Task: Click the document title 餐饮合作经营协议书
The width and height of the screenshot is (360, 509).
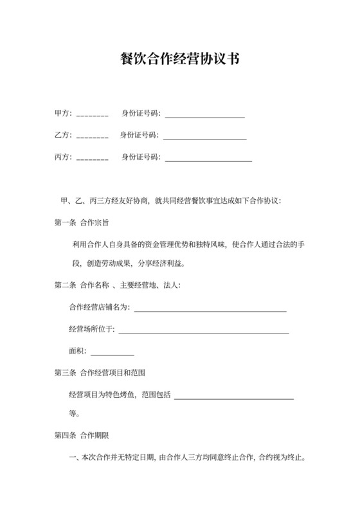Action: click(x=180, y=59)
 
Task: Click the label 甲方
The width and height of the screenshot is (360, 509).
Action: click(x=63, y=114)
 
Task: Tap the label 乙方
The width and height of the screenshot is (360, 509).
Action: click(x=63, y=136)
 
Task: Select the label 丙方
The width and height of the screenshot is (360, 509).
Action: click(x=63, y=157)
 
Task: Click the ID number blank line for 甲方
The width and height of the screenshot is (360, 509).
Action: click(x=205, y=116)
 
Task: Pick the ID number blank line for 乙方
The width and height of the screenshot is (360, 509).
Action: click(x=206, y=138)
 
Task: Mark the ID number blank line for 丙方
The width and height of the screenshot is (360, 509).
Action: click(x=208, y=159)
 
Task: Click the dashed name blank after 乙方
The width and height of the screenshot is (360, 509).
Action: click(x=93, y=137)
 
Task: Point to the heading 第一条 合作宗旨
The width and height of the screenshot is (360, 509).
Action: click(x=82, y=222)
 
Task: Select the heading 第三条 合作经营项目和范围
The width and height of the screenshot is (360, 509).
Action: click(x=104, y=372)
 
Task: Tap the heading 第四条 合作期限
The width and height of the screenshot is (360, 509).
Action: click(x=82, y=435)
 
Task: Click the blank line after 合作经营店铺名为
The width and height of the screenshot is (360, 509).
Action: click(x=210, y=310)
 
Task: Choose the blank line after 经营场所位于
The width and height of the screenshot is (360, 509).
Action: click(x=204, y=332)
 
